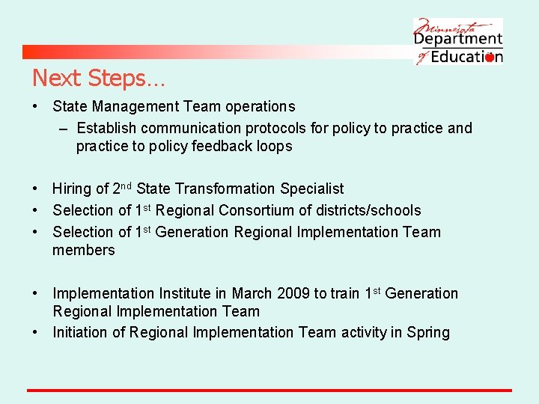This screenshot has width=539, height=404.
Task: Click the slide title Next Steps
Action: click(99, 77)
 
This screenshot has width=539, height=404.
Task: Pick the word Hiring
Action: click(72, 189)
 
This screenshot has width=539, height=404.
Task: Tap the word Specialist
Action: click(312, 189)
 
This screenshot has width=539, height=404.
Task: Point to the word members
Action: click(84, 251)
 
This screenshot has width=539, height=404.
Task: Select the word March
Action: click(252, 294)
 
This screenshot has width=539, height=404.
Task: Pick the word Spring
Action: click(428, 333)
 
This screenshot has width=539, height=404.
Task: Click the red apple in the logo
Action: click(490, 57)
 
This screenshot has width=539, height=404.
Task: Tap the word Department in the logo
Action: click(459, 37)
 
